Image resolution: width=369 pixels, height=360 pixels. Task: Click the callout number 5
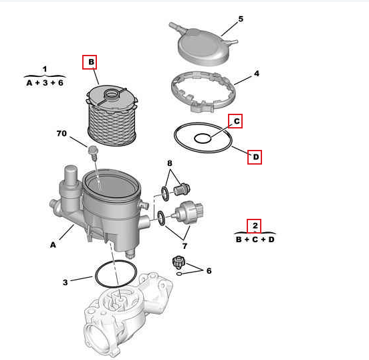point(241,19)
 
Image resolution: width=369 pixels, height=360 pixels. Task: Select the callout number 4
point(257,74)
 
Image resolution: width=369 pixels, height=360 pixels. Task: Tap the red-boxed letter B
point(91,62)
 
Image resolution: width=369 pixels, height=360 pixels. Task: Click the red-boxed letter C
point(237,121)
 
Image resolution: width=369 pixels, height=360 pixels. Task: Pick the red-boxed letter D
point(256,157)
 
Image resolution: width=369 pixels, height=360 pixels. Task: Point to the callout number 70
point(61,133)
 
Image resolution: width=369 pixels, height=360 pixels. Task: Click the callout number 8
point(170,163)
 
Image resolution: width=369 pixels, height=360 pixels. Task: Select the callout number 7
point(184,246)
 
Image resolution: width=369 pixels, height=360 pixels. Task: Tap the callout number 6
point(209,271)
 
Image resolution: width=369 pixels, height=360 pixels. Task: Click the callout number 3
point(66,282)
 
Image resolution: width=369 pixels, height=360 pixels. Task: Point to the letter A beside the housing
point(53,245)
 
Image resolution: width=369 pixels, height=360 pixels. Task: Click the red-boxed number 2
point(255,226)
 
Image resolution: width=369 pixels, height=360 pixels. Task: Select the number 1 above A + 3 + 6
point(45,69)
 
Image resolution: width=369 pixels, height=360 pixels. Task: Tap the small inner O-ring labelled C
point(203,139)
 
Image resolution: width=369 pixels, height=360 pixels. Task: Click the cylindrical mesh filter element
point(112,116)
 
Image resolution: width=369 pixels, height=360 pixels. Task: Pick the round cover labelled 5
point(203,45)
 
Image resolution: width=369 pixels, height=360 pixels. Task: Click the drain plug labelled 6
point(178,262)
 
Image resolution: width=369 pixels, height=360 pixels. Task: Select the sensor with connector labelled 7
point(188,212)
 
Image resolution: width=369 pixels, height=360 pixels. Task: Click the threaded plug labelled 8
point(182,189)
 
